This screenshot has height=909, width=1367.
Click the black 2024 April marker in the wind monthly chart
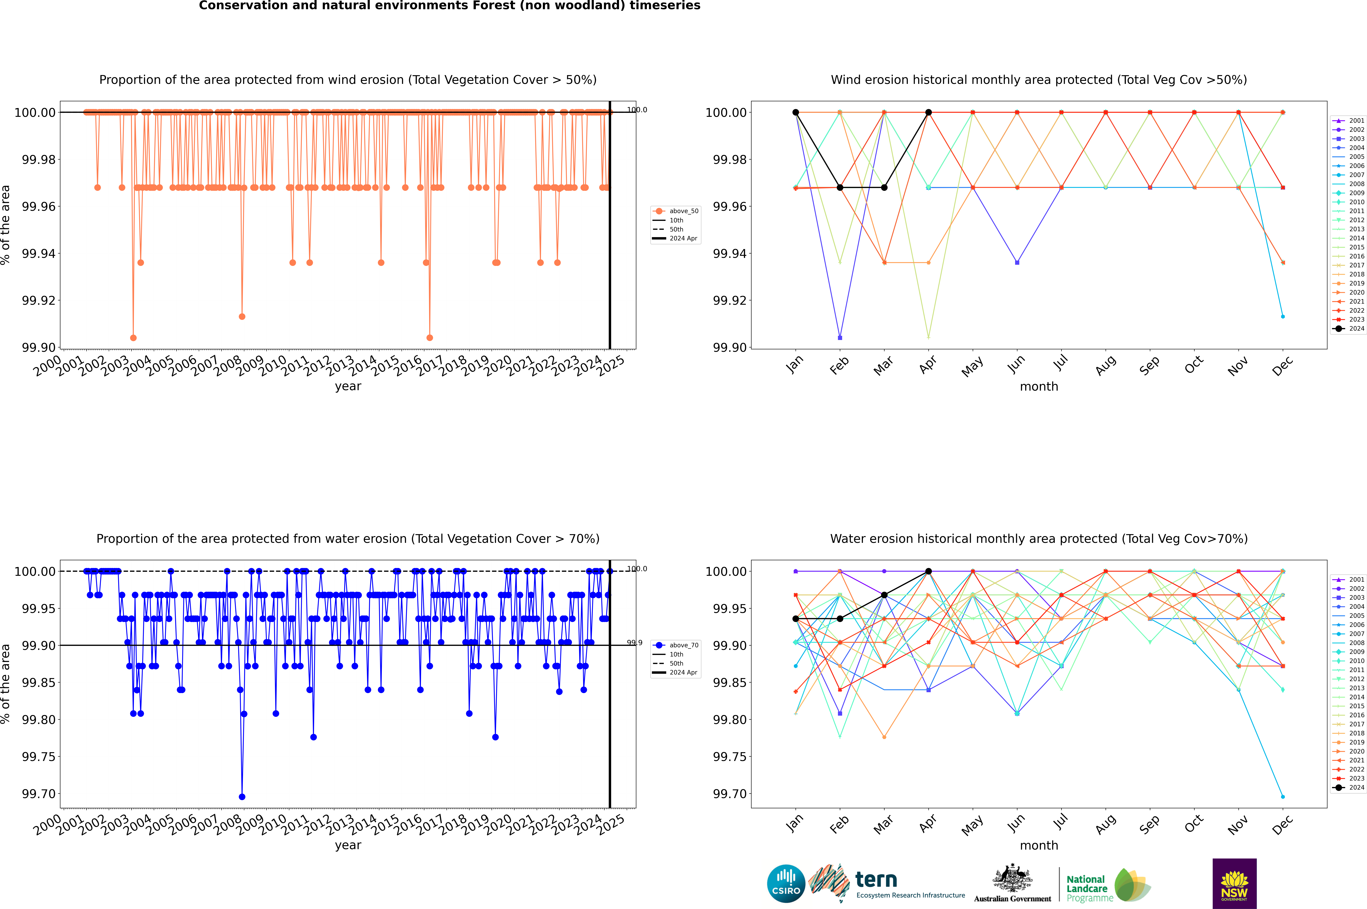click(x=928, y=113)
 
